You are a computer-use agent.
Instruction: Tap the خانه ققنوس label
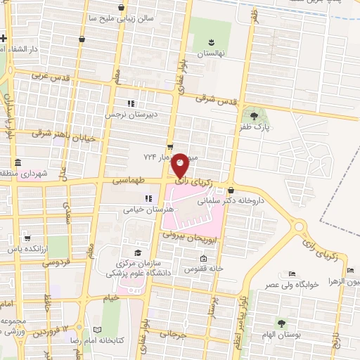pyautogui.click(x=204, y=268)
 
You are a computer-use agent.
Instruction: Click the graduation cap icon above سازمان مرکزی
pyautogui.click(x=138, y=252)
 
